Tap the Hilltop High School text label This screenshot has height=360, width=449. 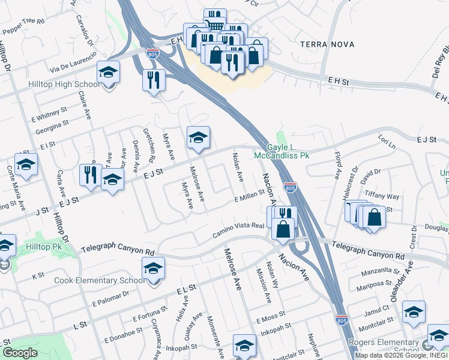64,84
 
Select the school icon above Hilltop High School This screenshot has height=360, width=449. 109,73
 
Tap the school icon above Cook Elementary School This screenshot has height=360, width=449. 154,269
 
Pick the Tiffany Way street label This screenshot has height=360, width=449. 382,196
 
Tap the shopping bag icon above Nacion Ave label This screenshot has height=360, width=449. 283,228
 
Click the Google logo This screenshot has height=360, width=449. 20,353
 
